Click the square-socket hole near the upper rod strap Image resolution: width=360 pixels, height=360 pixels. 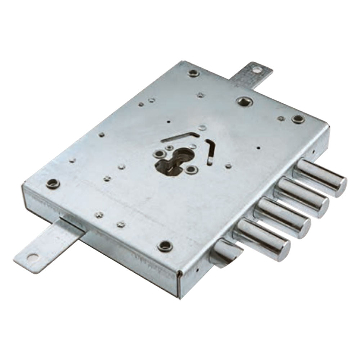click(244, 101)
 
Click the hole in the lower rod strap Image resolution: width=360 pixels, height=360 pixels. click(32, 257)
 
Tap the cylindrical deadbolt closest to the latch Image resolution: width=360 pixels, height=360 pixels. click(261, 239)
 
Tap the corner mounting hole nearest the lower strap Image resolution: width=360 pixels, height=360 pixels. click(53, 183)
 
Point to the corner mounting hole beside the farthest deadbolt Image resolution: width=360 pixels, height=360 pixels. click(298, 119)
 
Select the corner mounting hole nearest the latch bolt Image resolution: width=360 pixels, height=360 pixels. click(165, 246)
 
